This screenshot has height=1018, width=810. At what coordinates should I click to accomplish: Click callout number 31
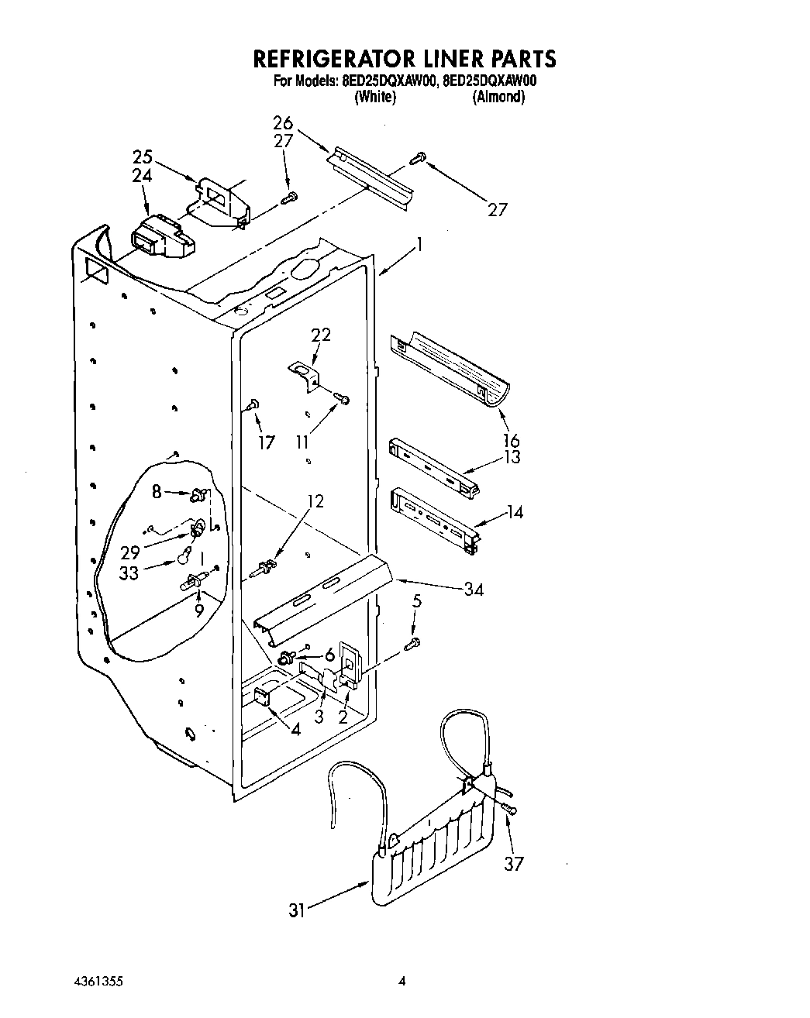click(x=297, y=911)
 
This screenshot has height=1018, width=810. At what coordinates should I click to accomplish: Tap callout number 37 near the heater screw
click(x=514, y=863)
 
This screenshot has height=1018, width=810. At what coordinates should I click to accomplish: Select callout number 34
click(x=474, y=590)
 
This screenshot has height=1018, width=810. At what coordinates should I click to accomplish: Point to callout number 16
click(x=511, y=442)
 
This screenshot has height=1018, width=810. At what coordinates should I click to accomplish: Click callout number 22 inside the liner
click(x=321, y=335)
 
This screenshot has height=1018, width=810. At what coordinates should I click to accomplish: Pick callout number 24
click(x=142, y=176)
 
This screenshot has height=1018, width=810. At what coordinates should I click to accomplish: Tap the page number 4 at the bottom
click(x=402, y=982)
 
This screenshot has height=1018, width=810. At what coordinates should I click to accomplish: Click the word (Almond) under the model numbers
click(x=499, y=97)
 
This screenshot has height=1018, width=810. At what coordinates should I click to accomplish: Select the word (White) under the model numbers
click(x=375, y=97)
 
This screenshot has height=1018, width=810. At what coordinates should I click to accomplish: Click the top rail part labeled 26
click(x=371, y=177)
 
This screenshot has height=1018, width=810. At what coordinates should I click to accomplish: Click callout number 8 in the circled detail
click(x=157, y=490)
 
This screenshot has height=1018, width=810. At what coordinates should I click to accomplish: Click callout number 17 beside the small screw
click(x=266, y=443)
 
